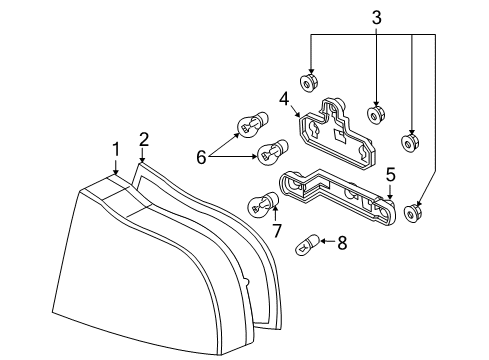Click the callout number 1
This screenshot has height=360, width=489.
[116, 149]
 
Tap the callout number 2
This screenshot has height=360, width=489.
[144, 140]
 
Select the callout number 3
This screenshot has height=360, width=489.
[377, 18]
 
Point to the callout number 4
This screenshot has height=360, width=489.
[284, 99]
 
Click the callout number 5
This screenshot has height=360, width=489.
[390, 175]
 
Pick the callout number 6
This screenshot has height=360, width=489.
[201, 157]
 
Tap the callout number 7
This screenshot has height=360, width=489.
[277, 230]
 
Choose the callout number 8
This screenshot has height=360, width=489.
[342, 243]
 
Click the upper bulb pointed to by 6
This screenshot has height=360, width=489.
[252, 125]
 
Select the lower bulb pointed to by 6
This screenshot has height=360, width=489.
[273, 153]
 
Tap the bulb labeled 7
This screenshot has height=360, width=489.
[263, 205]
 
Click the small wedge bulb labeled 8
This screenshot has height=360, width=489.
[308, 245]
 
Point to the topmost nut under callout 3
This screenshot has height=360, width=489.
[309, 83]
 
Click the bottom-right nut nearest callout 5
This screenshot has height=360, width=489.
[413, 213]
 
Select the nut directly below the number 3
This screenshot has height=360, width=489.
[376, 114]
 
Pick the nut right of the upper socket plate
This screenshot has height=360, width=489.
[410, 142]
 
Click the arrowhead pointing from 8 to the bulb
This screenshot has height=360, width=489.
[323, 241]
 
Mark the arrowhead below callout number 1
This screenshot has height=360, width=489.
[116, 172]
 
